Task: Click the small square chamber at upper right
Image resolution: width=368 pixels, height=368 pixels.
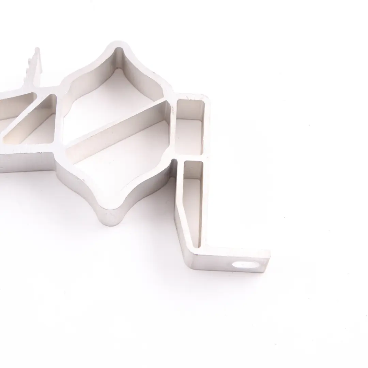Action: [x=190, y=128]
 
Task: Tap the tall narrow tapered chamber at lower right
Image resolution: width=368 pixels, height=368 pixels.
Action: [x=193, y=201]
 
